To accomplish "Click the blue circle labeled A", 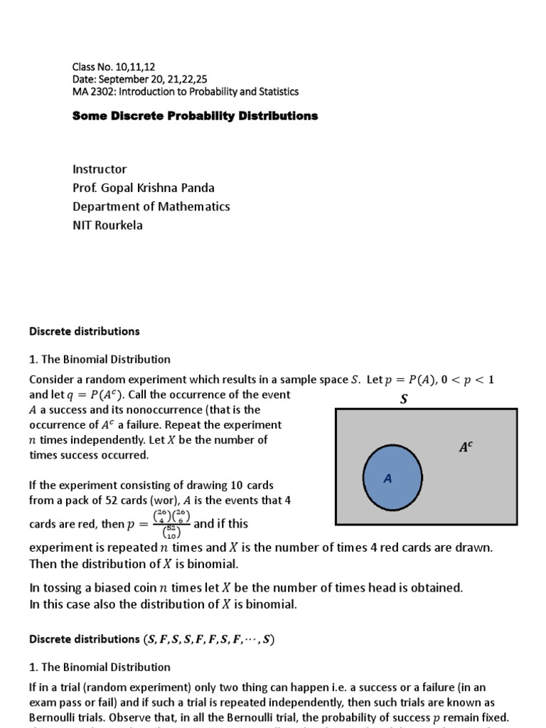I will point(392,478).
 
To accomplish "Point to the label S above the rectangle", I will point(404,400).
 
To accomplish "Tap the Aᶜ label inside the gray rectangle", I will point(466,447).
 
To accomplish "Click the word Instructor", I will point(100,169).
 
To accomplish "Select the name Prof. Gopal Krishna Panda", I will point(143,188).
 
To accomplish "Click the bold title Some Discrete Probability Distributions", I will point(195,116).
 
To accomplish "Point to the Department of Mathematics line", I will point(151,206).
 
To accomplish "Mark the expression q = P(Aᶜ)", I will point(85,395).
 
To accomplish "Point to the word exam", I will point(41,702).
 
